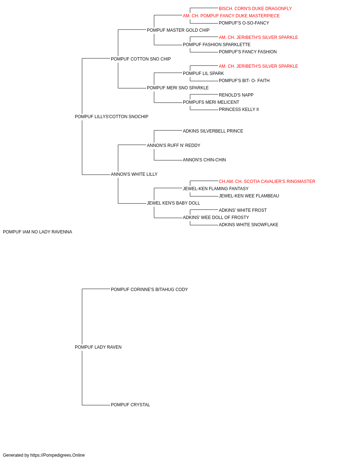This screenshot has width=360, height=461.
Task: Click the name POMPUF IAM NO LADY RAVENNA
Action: (x=37, y=232)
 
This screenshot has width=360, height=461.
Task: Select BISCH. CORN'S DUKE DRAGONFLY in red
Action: (x=255, y=9)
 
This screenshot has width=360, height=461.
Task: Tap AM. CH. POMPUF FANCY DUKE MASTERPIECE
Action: (x=231, y=16)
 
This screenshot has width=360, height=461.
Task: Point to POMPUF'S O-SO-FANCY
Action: (x=244, y=23)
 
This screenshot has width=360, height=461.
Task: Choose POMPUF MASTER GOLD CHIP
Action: (x=178, y=30)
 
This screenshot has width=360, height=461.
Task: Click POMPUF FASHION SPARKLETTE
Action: (x=216, y=45)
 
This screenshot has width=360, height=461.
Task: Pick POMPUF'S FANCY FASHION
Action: (x=248, y=52)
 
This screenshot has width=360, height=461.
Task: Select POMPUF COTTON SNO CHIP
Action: (x=141, y=59)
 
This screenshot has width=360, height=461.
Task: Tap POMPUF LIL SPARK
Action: (x=203, y=73)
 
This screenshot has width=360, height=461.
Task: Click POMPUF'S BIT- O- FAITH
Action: (x=244, y=81)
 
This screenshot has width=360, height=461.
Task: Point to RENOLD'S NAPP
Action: (x=236, y=95)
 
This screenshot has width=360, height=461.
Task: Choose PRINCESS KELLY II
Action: (x=239, y=109)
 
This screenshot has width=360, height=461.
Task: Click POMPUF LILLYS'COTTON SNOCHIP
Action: (x=112, y=117)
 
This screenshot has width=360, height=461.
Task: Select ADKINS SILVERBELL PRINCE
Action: (x=213, y=131)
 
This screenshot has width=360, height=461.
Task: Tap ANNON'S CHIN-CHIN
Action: (x=204, y=160)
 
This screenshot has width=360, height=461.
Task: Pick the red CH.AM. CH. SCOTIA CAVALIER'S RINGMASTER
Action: (x=267, y=182)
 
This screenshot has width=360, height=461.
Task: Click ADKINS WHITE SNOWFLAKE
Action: (x=248, y=225)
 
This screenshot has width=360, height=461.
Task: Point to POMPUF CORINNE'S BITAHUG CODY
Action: (x=149, y=290)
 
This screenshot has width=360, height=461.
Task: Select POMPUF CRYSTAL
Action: (x=130, y=405)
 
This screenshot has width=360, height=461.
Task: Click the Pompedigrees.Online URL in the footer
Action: (x=58, y=455)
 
